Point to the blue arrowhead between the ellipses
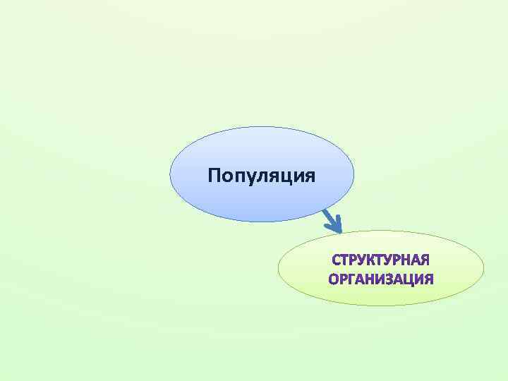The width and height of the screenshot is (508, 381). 334,224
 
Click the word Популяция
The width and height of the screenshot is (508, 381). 262,174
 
